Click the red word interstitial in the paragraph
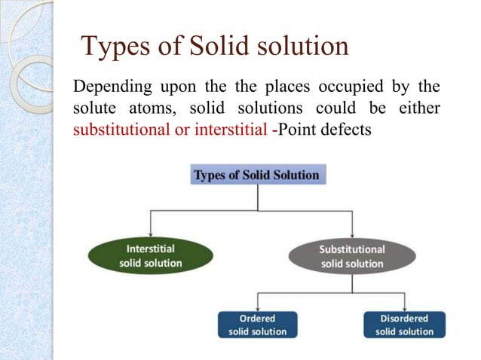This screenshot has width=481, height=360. [x=230, y=130]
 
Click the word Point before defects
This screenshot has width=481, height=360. [x=295, y=130]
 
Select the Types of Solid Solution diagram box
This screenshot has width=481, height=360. [x=256, y=175]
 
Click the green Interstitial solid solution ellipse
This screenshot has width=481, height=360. [x=151, y=256]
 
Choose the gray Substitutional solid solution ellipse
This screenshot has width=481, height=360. [x=351, y=256]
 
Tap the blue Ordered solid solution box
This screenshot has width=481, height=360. [x=258, y=325]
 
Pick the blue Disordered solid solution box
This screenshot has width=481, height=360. [x=405, y=325]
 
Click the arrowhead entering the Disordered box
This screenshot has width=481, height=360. [x=405, y=307]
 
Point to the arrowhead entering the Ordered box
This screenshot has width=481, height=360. [x=258, y=307]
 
